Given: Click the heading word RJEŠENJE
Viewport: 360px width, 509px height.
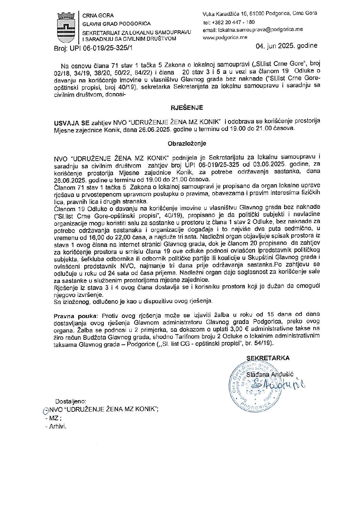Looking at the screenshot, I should [x=186, y=107].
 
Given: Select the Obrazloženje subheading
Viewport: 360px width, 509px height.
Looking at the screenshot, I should [x=187, y=143].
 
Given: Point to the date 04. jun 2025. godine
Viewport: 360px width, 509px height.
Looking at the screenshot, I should [x=287, y=46].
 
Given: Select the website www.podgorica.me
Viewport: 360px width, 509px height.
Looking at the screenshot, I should [x=225, y=37].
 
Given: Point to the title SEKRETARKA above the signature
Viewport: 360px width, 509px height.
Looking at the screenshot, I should [x=268, y=358].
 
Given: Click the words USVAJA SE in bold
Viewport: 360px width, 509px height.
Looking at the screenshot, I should [x=67, y=122].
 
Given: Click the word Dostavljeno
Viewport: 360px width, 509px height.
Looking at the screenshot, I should [x=71, y=401].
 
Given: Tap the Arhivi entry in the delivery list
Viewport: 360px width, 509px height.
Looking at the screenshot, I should [x=58, y=426].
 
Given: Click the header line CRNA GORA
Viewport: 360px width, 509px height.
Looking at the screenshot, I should [x=98, y=16].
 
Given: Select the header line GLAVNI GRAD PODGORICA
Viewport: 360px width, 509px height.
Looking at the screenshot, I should [x=116, y=24].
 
